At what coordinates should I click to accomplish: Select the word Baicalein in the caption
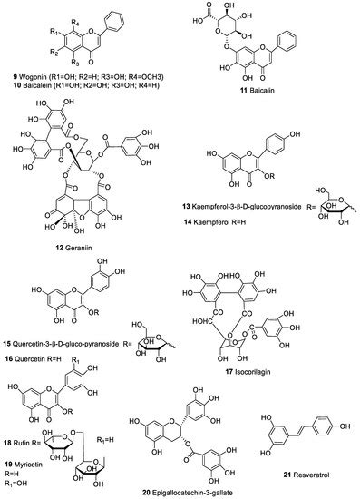44,87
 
